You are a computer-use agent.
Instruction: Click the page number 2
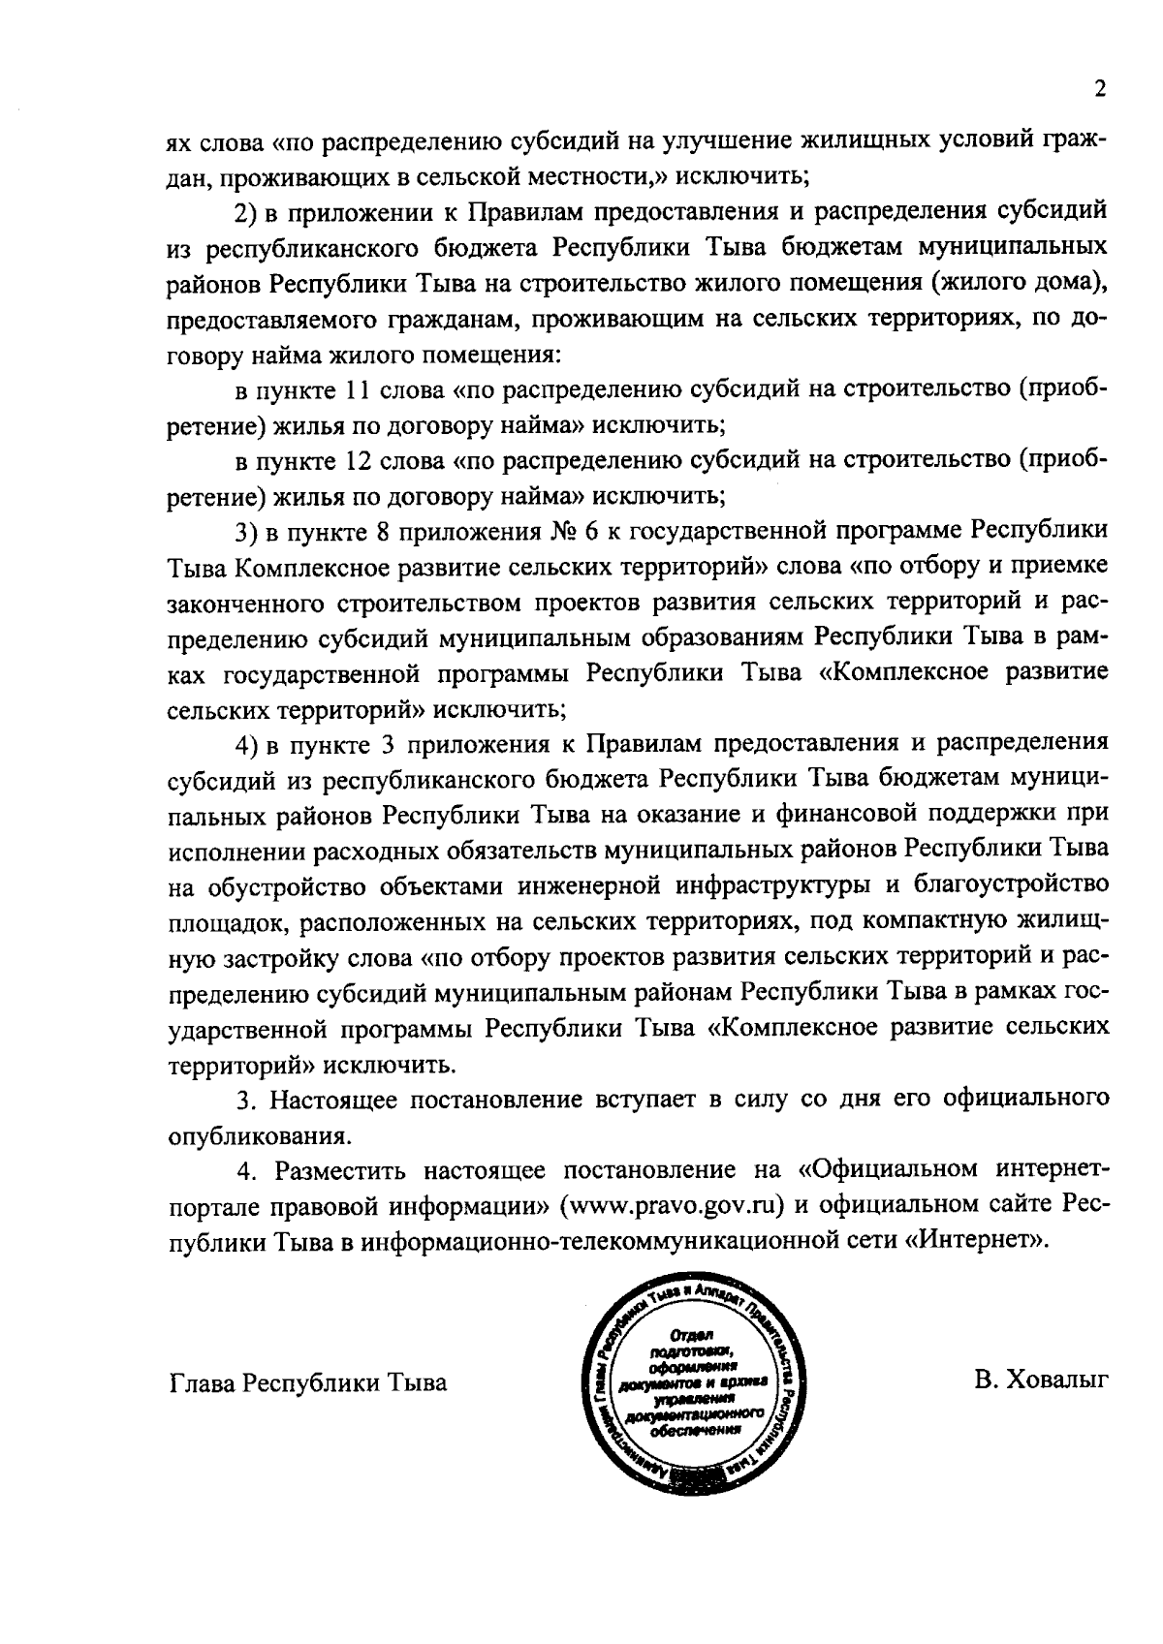[x=1099, y=90]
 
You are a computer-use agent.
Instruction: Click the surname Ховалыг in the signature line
[x=1042, y=1380]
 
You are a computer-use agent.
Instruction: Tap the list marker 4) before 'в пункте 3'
[x=249, y=743]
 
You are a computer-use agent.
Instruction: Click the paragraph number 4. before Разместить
[x=247, y=1170]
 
